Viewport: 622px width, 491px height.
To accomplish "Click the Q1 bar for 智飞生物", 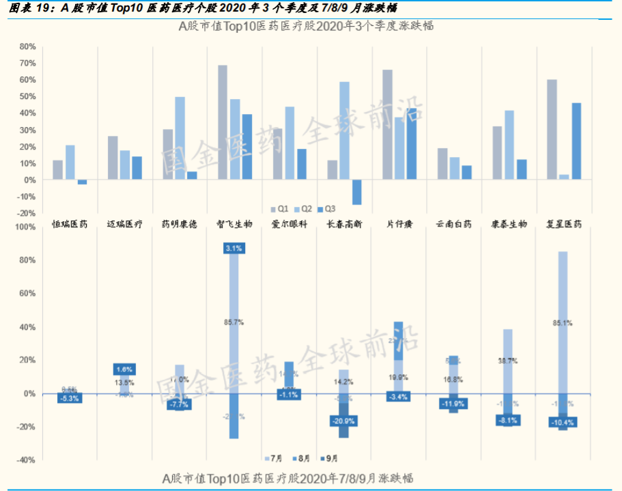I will (223, 122).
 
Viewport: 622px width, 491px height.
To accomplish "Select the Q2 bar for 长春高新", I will (344, 130).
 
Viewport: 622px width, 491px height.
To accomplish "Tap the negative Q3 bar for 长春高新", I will (356, 192).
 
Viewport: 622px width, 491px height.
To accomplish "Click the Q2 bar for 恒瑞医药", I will (70, 163).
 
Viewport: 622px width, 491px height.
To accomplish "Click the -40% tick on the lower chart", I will (25, 460).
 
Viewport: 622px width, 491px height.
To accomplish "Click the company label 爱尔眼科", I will (289, 224).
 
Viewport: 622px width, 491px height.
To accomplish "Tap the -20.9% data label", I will (343, 421).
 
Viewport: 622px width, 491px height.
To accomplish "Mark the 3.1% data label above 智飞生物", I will (234, 249).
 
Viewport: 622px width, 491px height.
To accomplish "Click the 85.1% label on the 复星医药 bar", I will (563, 322).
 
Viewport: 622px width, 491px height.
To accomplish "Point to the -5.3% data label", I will (70, 398).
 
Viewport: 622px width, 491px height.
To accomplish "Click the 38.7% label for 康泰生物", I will (507, 360).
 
